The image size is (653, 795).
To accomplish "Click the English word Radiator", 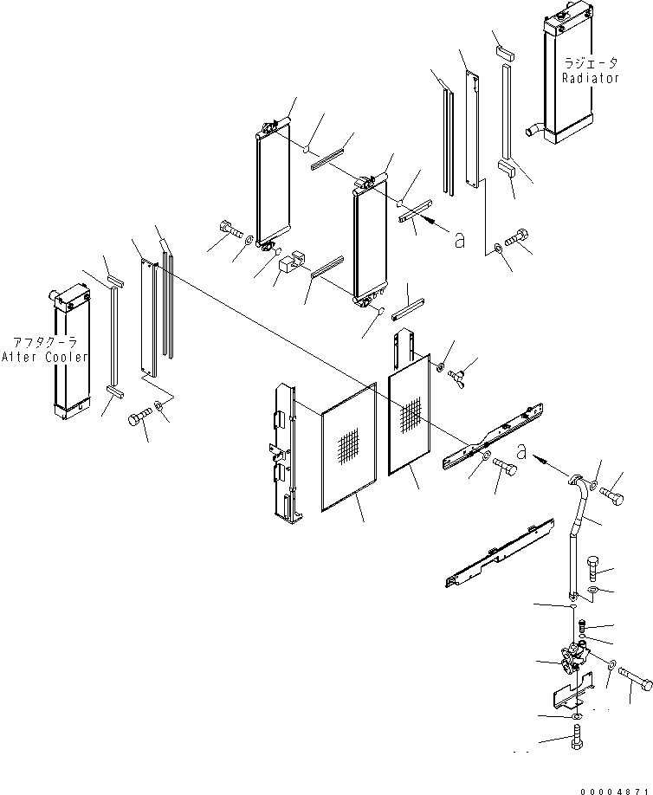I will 590,78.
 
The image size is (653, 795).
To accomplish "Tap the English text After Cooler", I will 44,357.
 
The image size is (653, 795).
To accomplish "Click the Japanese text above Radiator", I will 590,63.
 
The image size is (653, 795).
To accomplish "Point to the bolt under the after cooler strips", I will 139,417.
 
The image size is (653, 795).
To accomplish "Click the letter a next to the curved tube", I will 520,449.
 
